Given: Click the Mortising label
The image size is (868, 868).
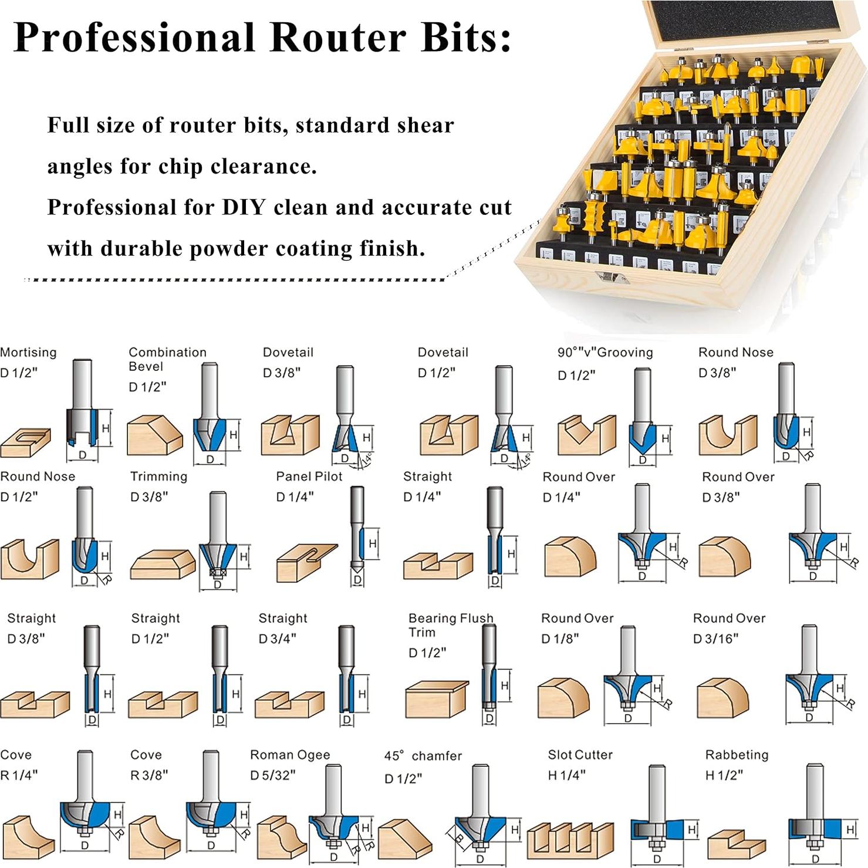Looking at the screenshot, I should [x=28, y=352].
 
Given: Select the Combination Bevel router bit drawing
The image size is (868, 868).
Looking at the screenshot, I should [x=210, y=411].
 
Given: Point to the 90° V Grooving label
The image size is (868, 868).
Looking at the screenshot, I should [x=605, y=352].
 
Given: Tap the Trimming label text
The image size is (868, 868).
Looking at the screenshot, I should [x=158, y=477].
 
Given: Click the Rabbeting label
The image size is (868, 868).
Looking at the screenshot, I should [x=737, y=755].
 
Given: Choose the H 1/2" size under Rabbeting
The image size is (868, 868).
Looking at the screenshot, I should [x=724, y=775].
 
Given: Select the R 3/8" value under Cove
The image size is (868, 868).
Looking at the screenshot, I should [x=149, y=775].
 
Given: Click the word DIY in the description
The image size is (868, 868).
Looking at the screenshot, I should [x=242, y=208].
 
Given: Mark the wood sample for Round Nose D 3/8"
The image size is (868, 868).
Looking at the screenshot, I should [x=728, y=435].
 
